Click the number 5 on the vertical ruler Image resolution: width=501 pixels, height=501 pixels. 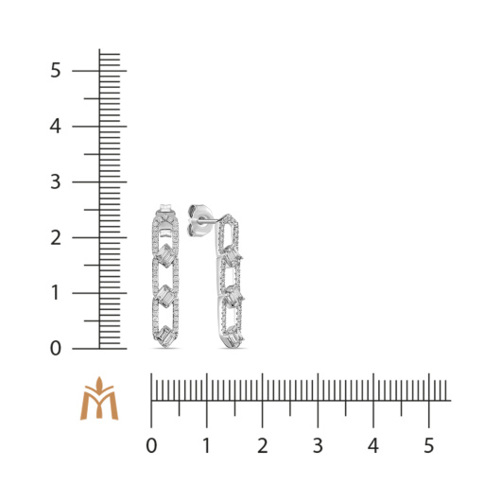[55, 70]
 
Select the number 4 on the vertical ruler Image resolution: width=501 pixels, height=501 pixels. [55, 127]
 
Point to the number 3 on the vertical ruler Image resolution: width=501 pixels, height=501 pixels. [55, 181]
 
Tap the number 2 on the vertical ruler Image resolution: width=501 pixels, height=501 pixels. [56, 237]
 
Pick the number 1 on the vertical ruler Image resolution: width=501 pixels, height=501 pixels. [55, 293]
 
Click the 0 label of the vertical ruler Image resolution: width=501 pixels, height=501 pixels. [55, 348]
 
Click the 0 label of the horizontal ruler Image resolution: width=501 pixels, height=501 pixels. [151, 445]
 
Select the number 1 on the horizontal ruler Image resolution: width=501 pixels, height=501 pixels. [207, 445]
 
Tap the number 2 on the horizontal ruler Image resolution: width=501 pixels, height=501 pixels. [263, 445]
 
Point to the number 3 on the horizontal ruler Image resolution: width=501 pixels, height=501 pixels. [318, 445]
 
